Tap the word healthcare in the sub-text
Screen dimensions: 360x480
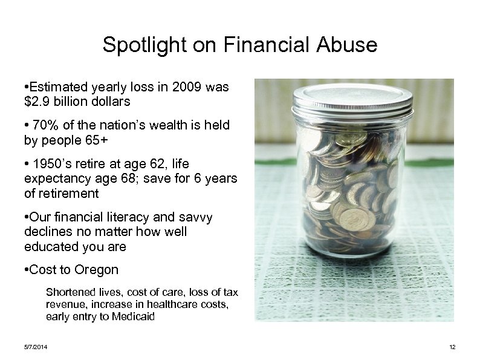tap(160, 304)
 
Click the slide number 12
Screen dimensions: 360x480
tap(452, 347)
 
